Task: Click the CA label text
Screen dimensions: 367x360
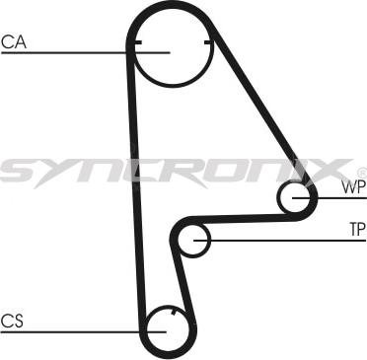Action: [13, 41]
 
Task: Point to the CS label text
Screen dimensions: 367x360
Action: [12, 320]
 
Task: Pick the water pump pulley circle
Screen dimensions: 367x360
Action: [297, 199]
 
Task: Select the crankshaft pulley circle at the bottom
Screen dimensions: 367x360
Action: [167, 328]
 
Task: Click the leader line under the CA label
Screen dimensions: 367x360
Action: [59, 52]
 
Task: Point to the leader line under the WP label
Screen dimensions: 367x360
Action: [340, 199]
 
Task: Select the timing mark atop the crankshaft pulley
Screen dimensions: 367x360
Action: [172, 312]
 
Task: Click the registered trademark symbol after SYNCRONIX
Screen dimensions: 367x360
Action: [360, 171]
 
